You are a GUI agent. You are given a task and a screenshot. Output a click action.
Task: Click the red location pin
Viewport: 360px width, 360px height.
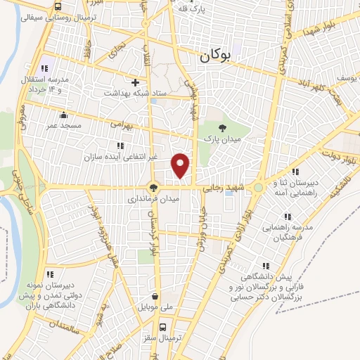(x=181, y=165)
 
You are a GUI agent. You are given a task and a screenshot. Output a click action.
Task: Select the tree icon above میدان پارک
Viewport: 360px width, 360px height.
(x=223, y=127)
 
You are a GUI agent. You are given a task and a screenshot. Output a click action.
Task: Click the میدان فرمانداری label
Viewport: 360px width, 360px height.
(x=153, y=200)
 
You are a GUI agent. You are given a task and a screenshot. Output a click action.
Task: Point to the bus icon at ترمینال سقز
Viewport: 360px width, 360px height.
(x=163, y=327)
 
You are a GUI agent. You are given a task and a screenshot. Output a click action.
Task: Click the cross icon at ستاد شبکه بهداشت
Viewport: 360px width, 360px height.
(x=135, y=82)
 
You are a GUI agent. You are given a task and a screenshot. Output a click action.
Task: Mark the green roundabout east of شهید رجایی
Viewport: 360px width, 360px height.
(x=259, y=187)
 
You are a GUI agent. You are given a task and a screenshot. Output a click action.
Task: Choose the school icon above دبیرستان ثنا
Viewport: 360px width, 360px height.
(x=295, y=172)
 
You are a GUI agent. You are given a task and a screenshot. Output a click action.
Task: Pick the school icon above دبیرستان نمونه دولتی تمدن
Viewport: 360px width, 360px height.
(x=50, y=274)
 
